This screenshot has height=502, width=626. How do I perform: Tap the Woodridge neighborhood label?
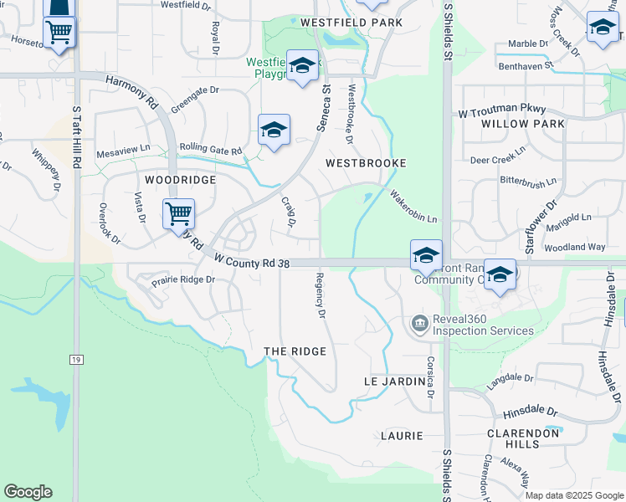(180, 180)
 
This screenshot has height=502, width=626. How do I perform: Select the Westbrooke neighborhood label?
(366, 163)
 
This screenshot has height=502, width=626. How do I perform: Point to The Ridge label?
(295, 351)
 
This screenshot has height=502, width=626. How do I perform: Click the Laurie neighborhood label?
(401, 436)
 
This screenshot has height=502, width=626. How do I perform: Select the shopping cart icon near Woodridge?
(178, 213)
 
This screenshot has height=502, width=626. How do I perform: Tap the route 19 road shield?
(76, 360)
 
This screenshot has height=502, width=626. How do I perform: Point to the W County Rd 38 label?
(251, 262)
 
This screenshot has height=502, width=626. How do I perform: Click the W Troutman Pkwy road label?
(502, 110)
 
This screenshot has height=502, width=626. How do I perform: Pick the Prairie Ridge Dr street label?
(183, 280)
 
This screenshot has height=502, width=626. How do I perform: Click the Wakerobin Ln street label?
(413, 206)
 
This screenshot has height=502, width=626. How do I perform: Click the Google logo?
(28, 492)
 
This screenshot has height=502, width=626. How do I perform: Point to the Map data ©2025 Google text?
(573, 495)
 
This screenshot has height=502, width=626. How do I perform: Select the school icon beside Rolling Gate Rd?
(274, 130)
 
